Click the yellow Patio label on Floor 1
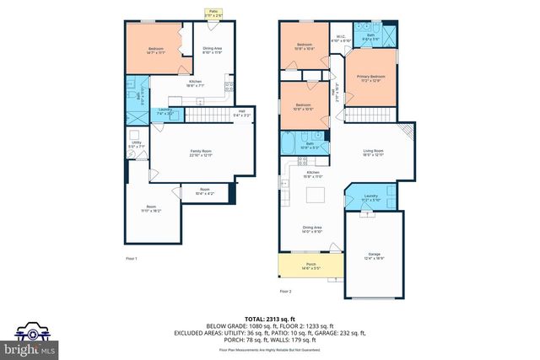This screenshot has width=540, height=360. pos(208,13)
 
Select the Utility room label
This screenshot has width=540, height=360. pos(136,145)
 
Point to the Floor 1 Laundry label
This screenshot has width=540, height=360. pos(165,113)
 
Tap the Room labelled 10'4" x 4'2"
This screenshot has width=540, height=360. pos(203,192)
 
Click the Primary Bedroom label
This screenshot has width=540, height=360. pos(369,78)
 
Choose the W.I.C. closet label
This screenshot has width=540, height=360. pos(341,38)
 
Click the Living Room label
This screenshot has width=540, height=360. pos(372,153)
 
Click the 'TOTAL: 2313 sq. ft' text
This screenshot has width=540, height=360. pos(269,317)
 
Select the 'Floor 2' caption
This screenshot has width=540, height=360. pos(285,291)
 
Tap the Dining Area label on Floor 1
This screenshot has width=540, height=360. pos(212,50)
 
